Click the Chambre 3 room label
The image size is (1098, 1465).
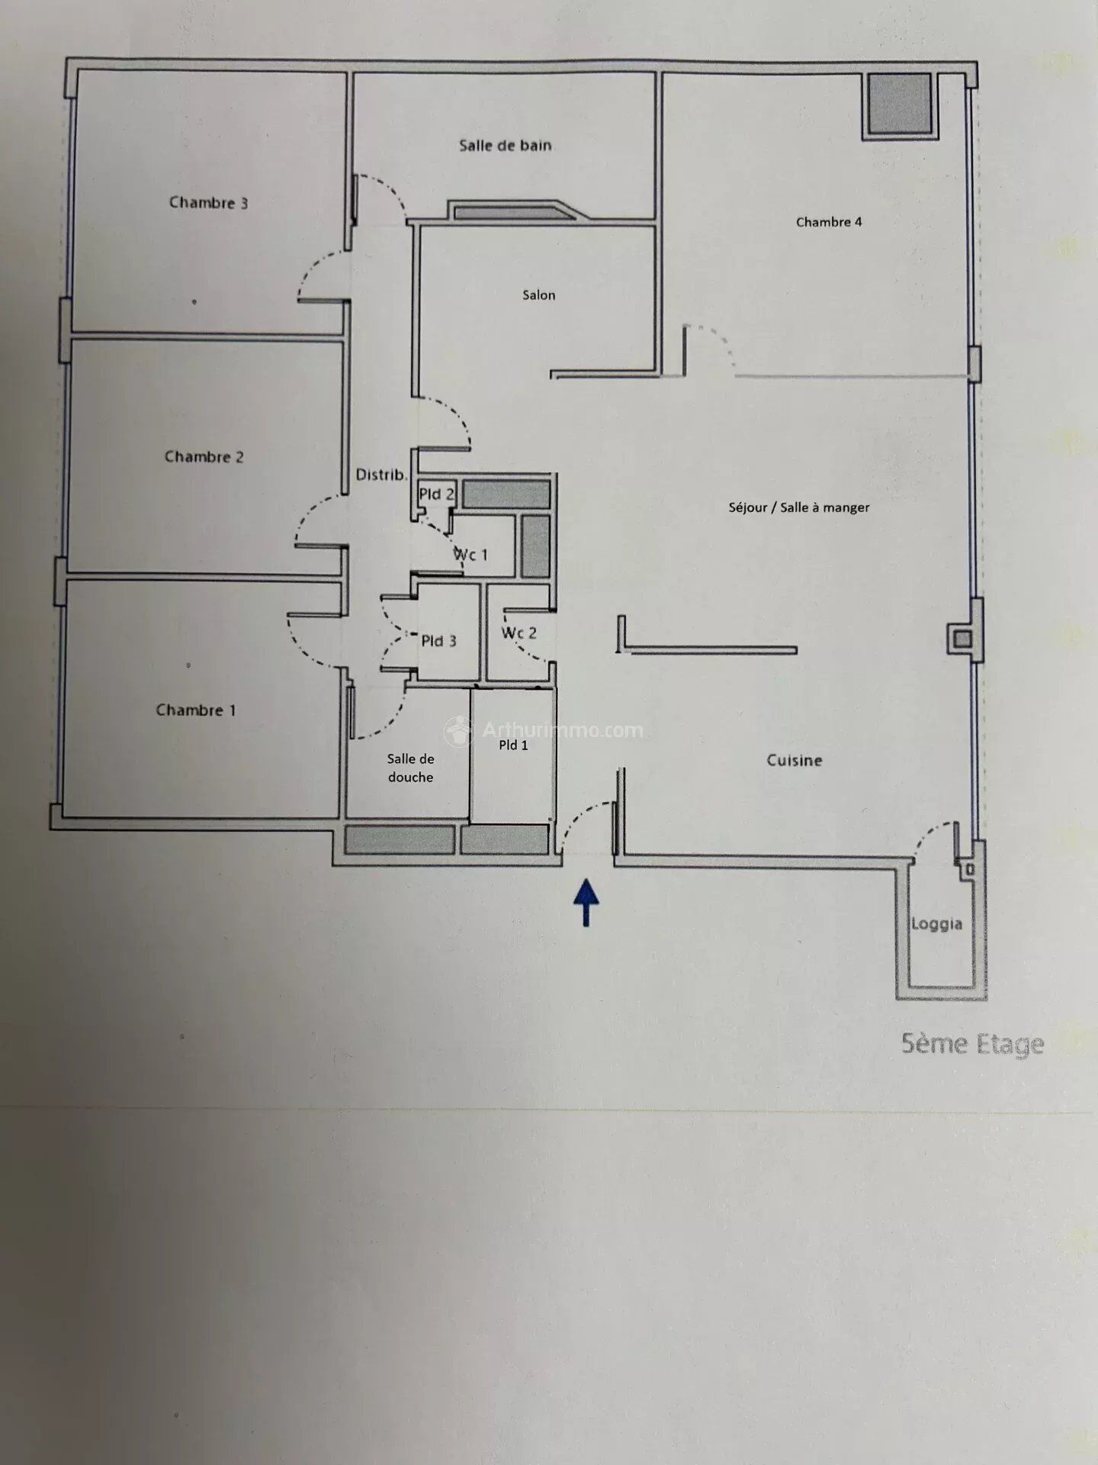208,203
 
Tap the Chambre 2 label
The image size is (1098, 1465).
204,457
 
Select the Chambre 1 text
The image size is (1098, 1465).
196,710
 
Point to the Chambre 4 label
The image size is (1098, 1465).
829,222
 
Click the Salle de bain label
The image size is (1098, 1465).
506,145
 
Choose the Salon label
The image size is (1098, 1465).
538,295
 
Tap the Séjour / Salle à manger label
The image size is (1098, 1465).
799,507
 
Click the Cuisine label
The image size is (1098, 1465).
795,760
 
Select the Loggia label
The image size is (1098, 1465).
937,924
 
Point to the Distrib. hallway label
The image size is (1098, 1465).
381,475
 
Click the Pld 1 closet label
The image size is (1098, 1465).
513,745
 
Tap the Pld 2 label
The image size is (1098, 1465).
436,494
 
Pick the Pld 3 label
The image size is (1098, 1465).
438,641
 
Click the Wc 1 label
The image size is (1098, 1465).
470,555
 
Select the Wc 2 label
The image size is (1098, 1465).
519,633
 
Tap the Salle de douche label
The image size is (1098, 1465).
410,768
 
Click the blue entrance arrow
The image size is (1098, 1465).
586,903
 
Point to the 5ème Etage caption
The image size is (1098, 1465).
972,1045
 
